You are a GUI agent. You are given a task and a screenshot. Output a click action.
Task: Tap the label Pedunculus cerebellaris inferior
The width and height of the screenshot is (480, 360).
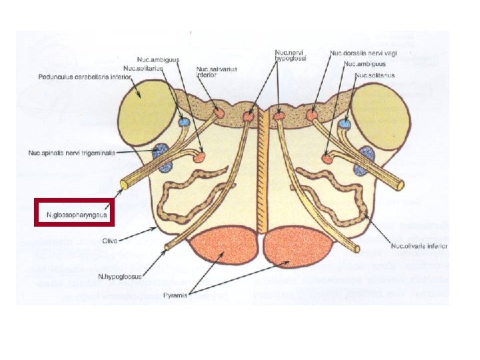tap(84, 75)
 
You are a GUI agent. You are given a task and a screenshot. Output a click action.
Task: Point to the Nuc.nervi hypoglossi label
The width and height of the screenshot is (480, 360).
tap(291, 55)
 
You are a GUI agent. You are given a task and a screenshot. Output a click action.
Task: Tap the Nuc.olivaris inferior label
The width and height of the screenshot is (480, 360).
tap(419, 246)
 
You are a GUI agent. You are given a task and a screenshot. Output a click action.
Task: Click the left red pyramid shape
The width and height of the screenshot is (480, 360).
tap(224, 247)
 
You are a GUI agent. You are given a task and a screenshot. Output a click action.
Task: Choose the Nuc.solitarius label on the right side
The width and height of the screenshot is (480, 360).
tap(375, 75)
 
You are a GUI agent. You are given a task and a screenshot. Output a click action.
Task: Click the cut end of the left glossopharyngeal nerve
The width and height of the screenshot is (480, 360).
tap(124, 183)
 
